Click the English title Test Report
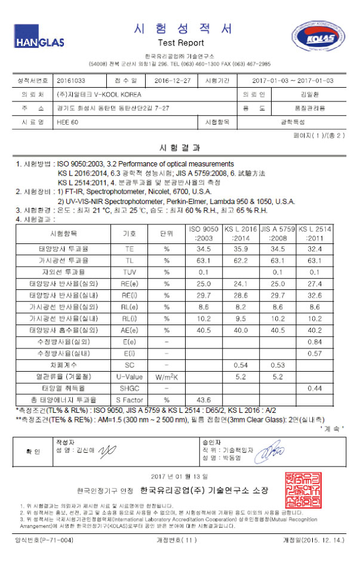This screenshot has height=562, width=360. point(181,43)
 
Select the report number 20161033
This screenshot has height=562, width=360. point(72,80)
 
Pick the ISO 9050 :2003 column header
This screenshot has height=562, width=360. point(203,233)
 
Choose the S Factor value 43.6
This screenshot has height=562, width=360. point(203,399)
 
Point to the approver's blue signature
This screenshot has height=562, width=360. point(270,447)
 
